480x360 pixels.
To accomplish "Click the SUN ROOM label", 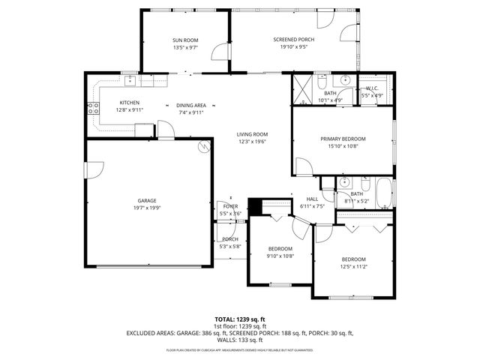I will coord(184,40).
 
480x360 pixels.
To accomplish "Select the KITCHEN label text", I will coord(130,103).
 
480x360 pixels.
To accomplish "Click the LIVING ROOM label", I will coord(253,134).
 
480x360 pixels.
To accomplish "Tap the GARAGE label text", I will coord(146,201).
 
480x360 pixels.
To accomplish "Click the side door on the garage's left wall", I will coord(92,173).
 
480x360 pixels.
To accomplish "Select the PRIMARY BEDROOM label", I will coord(343,139).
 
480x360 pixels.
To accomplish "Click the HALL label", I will coord(311,199).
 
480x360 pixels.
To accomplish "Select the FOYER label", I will coord(229,206).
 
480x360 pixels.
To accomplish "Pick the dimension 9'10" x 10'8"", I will coord(280,255).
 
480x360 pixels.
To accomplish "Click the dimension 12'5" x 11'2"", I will coord(353,265).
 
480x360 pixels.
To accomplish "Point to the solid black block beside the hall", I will coord(253,205).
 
